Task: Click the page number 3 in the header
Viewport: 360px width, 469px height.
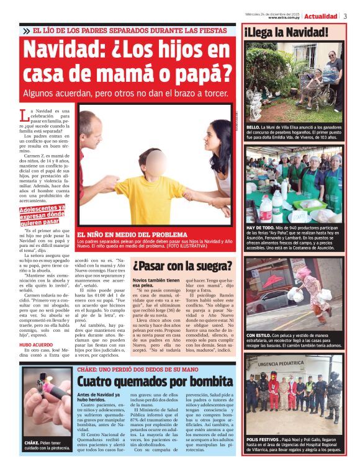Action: click(345, 16)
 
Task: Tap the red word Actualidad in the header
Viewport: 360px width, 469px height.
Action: click(321, 16)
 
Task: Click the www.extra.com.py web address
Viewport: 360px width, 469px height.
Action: click(285, 18)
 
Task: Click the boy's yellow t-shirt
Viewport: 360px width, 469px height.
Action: click(149, 197)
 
